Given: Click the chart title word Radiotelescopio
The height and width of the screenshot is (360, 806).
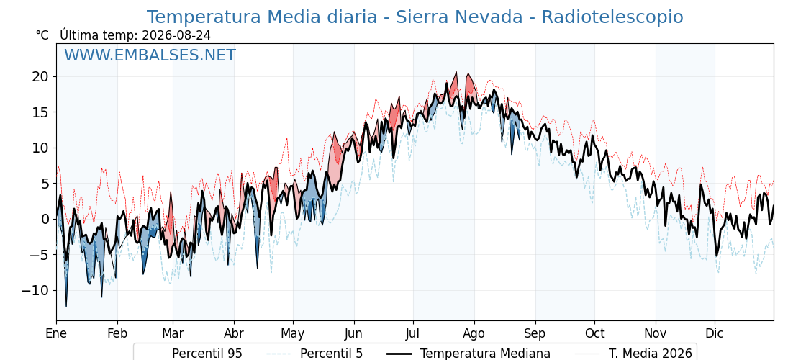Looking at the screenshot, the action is point(612,17).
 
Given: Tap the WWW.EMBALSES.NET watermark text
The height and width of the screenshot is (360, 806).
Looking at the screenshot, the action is point(150,55).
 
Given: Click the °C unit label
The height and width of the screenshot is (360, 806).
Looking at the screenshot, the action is point(42,35).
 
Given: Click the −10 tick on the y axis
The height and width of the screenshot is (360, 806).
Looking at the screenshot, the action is point(36,291).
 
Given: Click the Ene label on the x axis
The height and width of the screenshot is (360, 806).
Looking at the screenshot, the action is point(57,333).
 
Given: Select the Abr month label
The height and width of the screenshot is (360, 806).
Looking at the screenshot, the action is point(234,333).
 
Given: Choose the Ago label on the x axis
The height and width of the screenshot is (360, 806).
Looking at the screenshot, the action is point(474,334).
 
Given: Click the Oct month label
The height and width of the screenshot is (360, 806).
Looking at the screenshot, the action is point(594,333).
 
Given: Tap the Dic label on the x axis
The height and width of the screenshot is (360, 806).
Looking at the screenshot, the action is point(715,333).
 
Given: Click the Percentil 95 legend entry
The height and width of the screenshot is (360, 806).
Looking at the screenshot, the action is point(207,354).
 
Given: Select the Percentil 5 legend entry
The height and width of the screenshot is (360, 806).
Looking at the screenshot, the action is point(331,354).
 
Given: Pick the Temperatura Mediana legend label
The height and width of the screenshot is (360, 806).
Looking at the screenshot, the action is point(485,354).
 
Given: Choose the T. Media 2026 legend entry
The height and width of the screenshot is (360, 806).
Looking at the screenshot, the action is point(651,354).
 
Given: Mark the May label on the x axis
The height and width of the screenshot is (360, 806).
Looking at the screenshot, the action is point(293,334).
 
